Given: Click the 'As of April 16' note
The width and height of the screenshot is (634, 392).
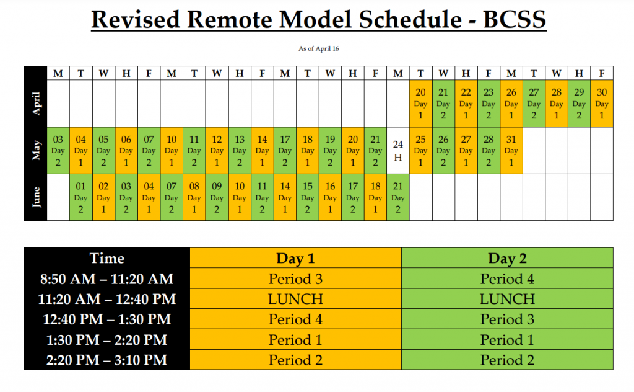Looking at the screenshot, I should tap(319, 48).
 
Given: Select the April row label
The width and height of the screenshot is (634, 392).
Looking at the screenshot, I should tap(36, 104).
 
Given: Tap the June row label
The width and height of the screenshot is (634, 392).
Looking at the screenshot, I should tap(36, 197).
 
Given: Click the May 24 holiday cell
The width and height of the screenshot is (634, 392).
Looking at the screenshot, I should tap(398, 151).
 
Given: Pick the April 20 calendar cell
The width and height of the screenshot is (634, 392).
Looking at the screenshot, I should tap(421, 104).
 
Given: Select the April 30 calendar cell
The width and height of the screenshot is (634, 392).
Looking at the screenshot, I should tap(602, 104).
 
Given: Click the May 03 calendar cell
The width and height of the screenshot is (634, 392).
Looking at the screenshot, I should tap(58, 151).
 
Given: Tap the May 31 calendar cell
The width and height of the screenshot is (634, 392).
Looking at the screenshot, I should tap(511, 151).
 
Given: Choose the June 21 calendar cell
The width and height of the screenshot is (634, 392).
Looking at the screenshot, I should tap(398, 197).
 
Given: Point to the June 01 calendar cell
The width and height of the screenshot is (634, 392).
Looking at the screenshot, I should tap(81, 197).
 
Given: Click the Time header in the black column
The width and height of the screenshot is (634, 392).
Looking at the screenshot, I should tap(107, 258).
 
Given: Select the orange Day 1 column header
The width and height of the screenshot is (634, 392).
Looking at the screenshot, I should tap(295, 258).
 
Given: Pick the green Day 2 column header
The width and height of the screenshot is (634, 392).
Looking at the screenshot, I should tap(507, 258).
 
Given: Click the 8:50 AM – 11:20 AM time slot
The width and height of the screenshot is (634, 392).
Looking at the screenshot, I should tap(107, 279).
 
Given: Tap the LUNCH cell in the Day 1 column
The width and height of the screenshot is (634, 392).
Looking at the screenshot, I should tap(295, 299).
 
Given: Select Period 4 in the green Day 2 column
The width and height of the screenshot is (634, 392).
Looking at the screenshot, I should tap(507, 279).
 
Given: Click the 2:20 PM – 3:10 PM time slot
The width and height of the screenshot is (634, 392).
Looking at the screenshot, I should tap(107, 360).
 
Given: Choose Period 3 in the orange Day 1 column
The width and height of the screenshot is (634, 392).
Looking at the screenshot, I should tap(295, 279).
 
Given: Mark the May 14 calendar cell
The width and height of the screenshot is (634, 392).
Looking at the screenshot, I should tap(263, 151).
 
